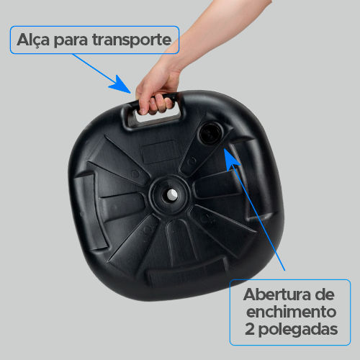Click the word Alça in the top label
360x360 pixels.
[33, 40]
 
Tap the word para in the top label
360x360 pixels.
[71, 41]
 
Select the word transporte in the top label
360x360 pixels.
[132, 40]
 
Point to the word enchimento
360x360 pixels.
[291, 312]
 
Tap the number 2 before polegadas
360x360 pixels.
[250, 329]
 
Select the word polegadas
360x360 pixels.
[298, 330]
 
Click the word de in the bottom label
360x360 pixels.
[325, 294]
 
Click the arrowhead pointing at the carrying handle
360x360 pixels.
[121, 84]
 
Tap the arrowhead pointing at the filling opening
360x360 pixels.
[231, 158]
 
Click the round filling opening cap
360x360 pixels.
[210, 133]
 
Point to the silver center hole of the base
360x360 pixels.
[171, 194]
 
